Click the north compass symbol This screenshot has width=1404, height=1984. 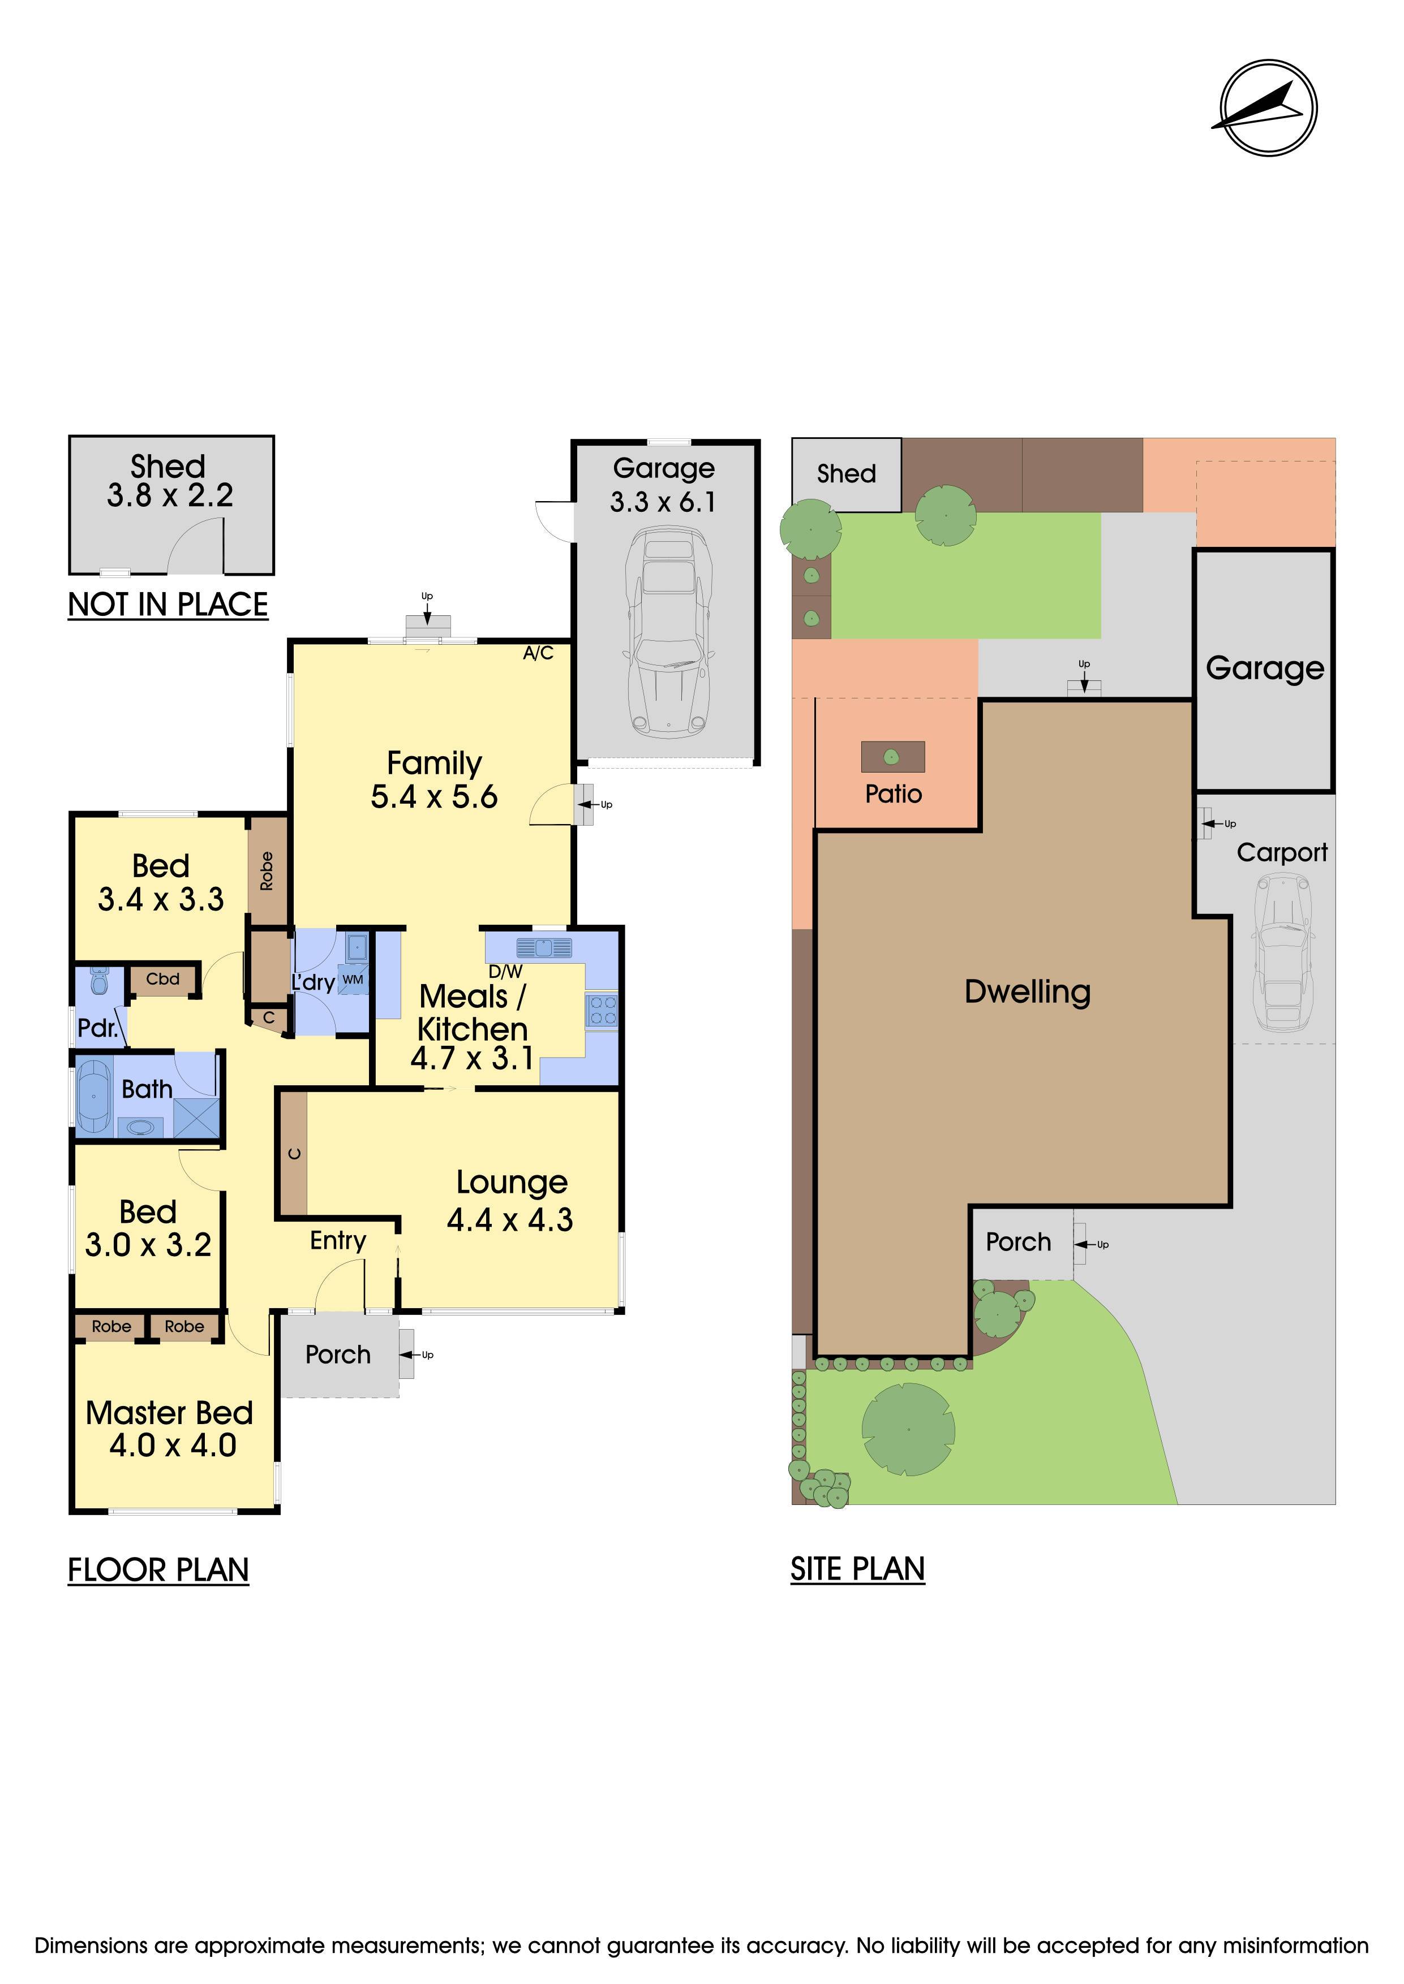(1268, 108)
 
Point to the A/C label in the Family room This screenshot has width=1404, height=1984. (538, 653)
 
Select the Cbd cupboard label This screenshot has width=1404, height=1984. (162, 979)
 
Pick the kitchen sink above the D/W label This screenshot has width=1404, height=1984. (544, 947)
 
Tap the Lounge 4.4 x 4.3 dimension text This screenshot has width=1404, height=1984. (510, 1201)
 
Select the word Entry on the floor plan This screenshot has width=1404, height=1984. (338, 1241)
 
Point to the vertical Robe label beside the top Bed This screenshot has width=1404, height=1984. (267, 870)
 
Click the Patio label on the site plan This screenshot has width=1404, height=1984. (894, 794)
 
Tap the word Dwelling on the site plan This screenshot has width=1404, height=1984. (1028, 992)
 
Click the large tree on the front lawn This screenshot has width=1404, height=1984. (909, 1429)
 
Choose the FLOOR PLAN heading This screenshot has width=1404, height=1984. (158, 1569)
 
